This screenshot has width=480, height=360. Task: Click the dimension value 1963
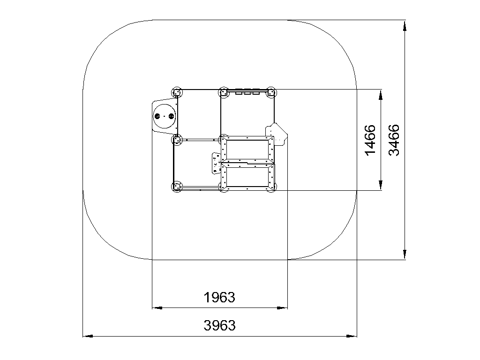(219, 298)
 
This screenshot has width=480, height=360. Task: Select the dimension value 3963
(219, 325)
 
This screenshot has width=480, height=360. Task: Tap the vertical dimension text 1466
(370, 140)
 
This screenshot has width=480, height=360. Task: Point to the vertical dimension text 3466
(394, 140)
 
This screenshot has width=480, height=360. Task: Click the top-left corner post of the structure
(177, 92)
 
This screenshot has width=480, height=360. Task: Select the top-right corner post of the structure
(270, 92)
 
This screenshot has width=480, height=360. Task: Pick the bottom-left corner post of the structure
(177, 187)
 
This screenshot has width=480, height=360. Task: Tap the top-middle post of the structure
(224, 92)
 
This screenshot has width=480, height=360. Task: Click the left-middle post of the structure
(177, 140)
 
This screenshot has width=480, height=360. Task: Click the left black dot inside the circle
(157, 116)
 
